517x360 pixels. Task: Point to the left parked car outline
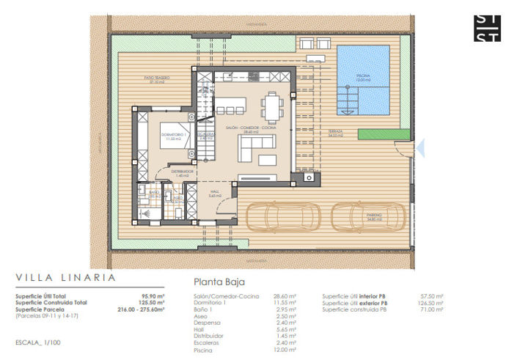point(282,217)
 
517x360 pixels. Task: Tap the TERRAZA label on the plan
point(337,133)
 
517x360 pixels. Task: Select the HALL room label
point(215,193)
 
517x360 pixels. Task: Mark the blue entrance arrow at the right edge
point(421,149)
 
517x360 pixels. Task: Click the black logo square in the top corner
point(487,27)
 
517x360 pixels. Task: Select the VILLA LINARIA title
point(65,277)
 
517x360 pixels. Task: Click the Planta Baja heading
point(219,281)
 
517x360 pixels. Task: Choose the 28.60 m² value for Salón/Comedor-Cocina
point(285,296)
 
